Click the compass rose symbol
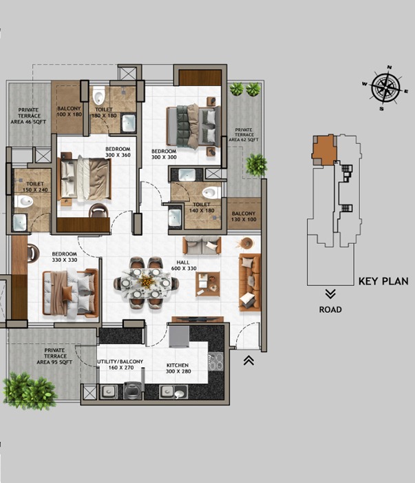tap(385, 88)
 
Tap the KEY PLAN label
tap(383, 281)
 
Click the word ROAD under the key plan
tap(330, 309)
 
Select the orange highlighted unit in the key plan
tap(323, 150)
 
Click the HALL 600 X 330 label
tap(184, 265)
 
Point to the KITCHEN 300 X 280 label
tap(178, 369)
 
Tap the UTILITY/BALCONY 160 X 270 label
tap(120, 364)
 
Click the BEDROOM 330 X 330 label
tap(64, 257)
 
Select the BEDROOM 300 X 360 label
tap(118, 152)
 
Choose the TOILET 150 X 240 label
tap(35, 187)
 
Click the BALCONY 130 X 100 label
tap(244, 216)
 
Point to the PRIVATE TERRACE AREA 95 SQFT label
tap(54, 356)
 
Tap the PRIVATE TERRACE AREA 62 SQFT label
tap(244, 135)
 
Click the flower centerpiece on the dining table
tap(146, 281)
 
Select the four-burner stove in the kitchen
tap(215, 362)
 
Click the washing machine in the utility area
tap(132, 391)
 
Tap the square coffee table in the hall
tap(208, 284)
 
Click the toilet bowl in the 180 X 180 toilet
tap(98, 95)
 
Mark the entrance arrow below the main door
tap(248, 360)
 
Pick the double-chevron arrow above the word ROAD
tap(330, 294)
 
